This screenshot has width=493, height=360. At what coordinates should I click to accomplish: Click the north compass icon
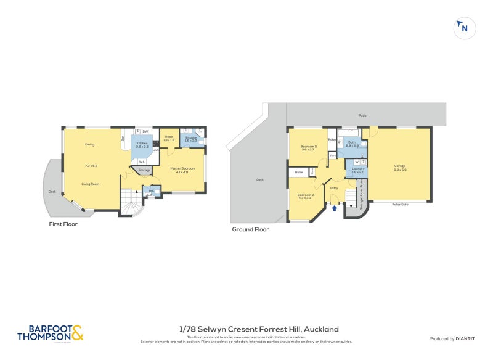(465, 28)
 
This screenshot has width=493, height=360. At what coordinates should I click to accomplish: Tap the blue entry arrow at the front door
(334, 208)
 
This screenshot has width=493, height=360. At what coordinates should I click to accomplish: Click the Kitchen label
(142, 145)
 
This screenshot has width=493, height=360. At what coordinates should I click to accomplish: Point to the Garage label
(400, 166)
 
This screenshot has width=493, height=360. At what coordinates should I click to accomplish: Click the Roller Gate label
(400, 205)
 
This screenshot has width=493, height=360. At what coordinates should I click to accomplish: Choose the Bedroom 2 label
(308, 147)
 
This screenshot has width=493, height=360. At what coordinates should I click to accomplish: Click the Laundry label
(358, 170)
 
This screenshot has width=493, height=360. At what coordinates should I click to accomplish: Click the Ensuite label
(191, 139)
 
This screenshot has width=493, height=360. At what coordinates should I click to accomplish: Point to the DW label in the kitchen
(145, 131)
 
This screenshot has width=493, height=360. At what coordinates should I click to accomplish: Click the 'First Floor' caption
(63, 224)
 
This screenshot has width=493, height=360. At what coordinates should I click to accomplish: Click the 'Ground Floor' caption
(250, 229)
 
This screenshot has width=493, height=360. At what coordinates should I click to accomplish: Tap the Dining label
(90, 144)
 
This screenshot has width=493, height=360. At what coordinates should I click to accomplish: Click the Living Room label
(90, 184)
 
